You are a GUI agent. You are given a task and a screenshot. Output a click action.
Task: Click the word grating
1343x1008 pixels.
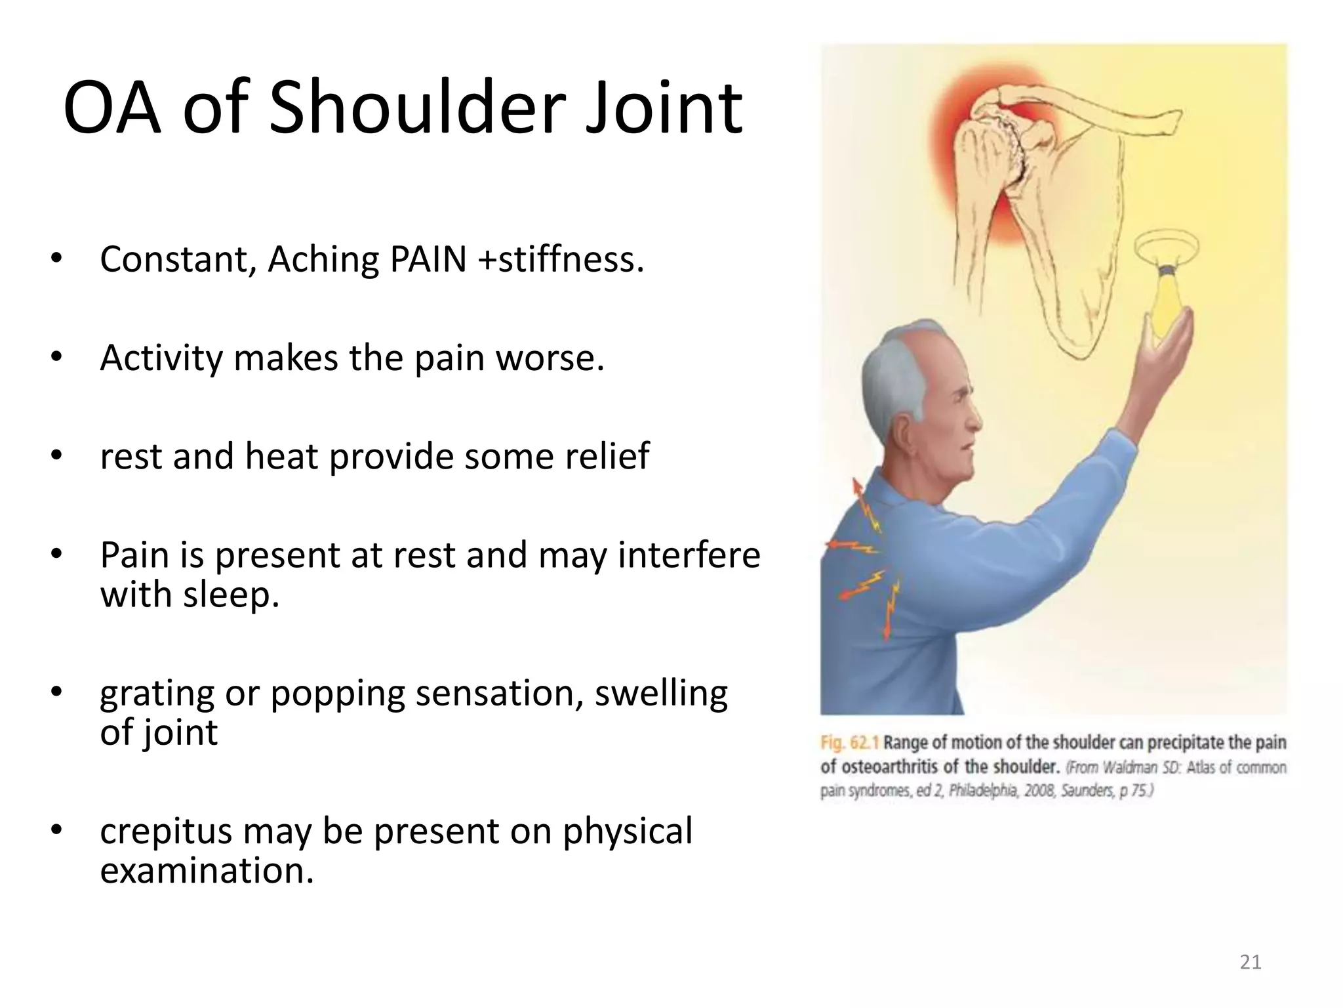pos(157,694)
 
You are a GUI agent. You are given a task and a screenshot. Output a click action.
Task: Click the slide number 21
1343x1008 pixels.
pos(1251,962)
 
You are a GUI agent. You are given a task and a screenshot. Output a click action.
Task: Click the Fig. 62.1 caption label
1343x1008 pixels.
pos(849,743)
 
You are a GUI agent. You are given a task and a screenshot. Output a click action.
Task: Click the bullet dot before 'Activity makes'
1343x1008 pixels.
pos(56,358)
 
